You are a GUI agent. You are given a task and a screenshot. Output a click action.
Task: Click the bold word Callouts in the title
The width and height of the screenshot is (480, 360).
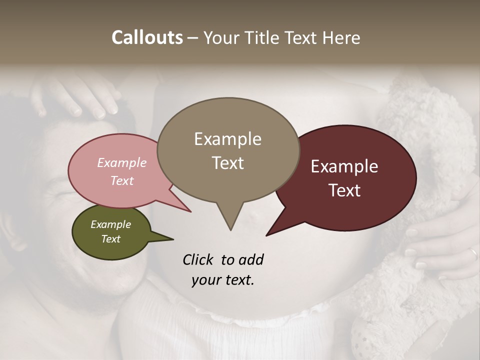coord(147,37)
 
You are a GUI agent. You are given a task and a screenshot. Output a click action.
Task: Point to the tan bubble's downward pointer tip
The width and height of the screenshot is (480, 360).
coord(230,229)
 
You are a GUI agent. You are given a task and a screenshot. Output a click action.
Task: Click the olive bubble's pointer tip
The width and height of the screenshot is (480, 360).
coord(172,239)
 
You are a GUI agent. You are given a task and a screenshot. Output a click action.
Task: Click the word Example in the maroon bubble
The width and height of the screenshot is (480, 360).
coord(344,166)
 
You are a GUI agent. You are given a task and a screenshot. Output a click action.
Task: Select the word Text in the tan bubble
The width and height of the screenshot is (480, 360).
coord(228,162)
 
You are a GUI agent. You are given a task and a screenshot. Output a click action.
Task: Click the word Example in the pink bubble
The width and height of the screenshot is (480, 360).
coord(122,162)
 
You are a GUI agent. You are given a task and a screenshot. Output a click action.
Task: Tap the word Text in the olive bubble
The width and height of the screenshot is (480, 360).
coord(111,239)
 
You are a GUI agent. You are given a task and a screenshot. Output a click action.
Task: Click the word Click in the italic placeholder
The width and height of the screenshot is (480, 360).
coord(198,259)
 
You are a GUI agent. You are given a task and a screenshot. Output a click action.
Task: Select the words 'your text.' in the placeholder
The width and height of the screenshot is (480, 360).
coord(223,280)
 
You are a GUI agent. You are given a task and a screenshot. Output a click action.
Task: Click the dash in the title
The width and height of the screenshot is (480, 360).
coord(193,38)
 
